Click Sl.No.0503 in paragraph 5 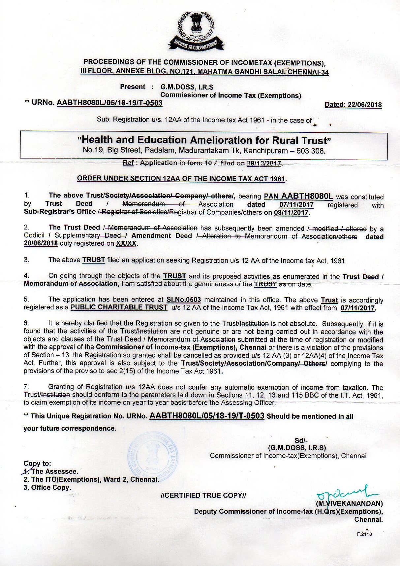184,300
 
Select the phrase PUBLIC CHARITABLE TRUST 119,307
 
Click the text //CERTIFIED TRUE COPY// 203,495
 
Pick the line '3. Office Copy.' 47,487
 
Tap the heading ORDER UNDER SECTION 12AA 182,179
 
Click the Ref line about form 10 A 202,163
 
